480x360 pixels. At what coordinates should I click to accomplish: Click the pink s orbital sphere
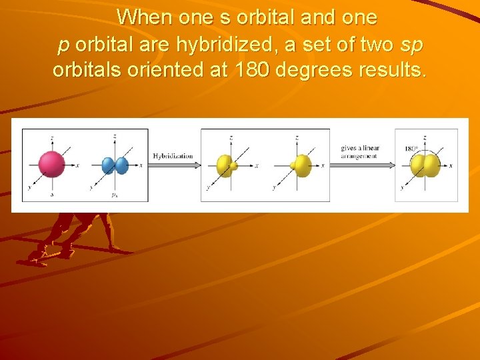(x=51, y=164)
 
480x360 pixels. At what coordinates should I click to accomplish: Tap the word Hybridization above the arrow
(x=173, y=156)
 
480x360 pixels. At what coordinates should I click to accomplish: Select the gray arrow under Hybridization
(x=173, y=164)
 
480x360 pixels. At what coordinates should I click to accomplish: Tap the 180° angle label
(x=411, y=149)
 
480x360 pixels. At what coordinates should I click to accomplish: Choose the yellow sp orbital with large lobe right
(x=301, y=165)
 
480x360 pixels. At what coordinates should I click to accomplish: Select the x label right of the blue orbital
(x=139, y=165)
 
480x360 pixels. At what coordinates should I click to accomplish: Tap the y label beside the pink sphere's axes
(x=28, y=189)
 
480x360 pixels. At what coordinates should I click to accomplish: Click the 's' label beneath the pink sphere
(x=52, y=195)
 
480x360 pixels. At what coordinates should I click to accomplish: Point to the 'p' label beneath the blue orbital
(x=115, y=195)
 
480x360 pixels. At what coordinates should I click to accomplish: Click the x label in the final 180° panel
(x=452, y=165)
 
